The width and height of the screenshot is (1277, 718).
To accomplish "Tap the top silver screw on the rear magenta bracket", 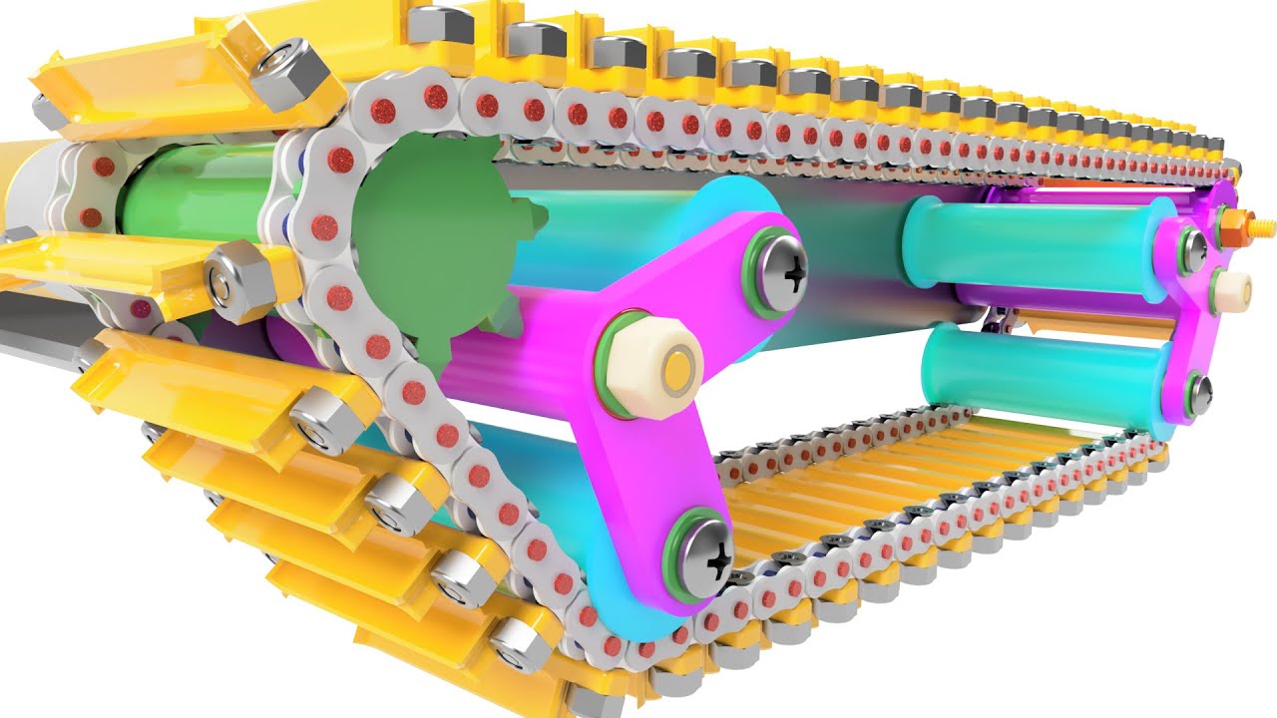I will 1193,245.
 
